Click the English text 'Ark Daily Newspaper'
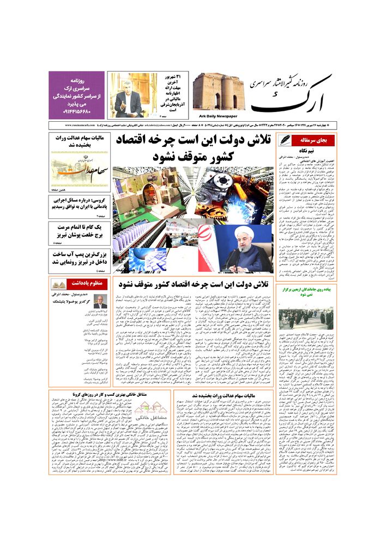coord(216,116)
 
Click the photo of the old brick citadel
coord(218,92)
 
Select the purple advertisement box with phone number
coord(76,94)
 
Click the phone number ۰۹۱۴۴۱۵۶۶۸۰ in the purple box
coord(76,112)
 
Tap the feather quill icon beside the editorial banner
coord(285,140)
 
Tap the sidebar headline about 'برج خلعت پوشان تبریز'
coord(76,230)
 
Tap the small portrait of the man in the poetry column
coord(100,301)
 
